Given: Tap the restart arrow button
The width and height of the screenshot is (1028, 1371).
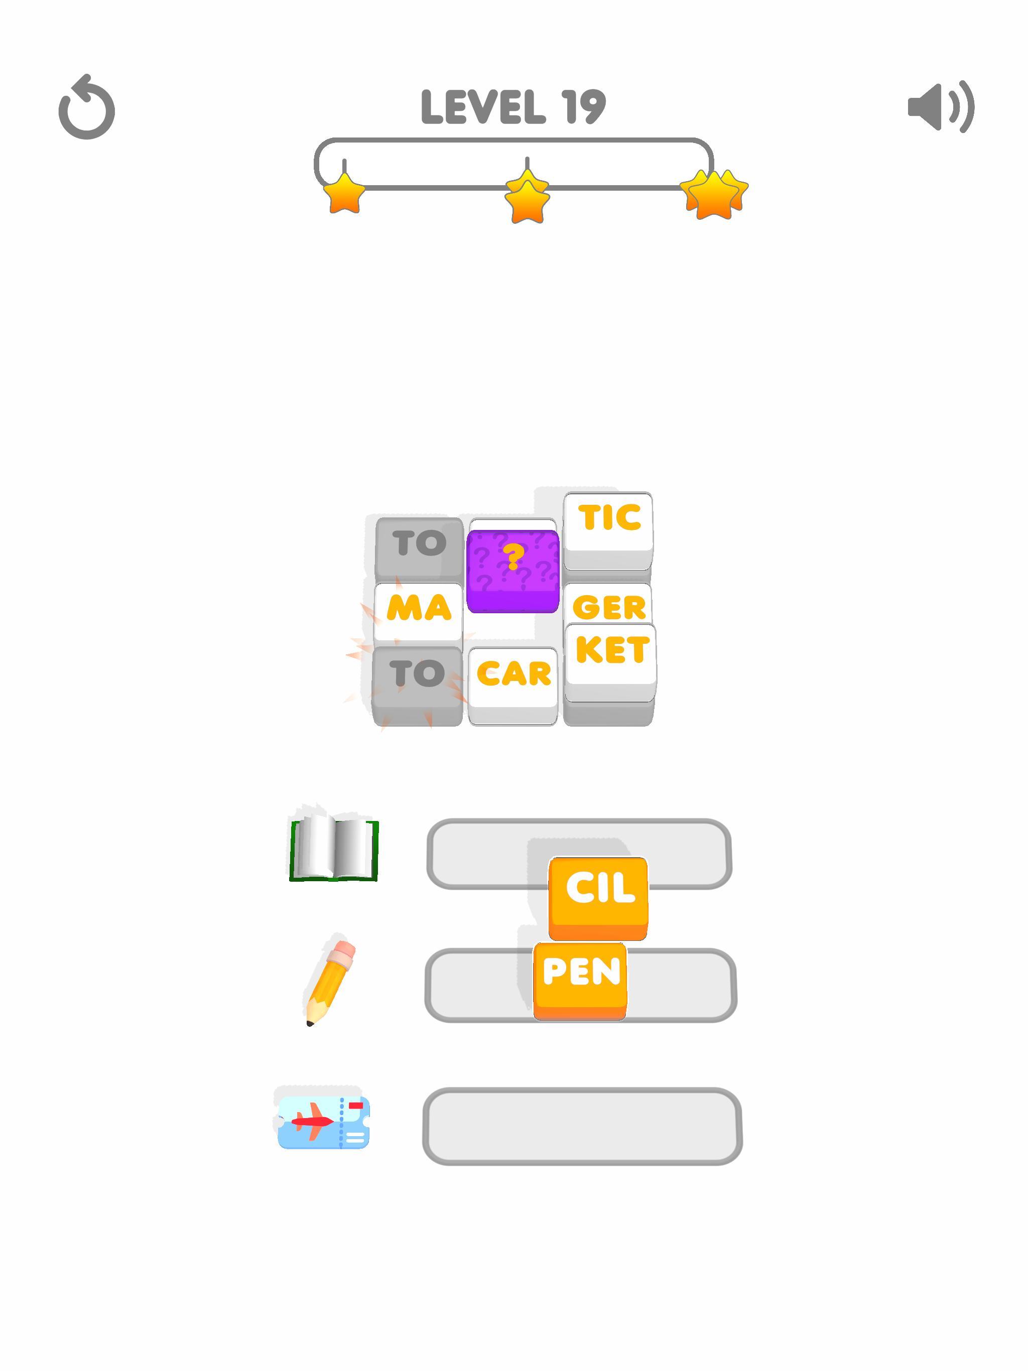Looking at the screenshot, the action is (x=87, y=108).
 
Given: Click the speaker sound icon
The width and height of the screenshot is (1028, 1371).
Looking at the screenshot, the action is (x=940, y=106).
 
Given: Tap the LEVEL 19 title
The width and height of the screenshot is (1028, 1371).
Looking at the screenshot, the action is (x=513, y=106).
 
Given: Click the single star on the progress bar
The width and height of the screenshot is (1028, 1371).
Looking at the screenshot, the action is (x=344, y=193).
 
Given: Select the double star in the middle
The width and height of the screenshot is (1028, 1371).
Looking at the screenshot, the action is (x=527, y=196).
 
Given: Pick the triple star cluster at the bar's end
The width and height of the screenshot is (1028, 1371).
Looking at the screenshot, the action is (x=714, y=193).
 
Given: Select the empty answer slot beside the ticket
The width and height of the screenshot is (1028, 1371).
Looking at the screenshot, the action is (x=582, y=1126).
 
